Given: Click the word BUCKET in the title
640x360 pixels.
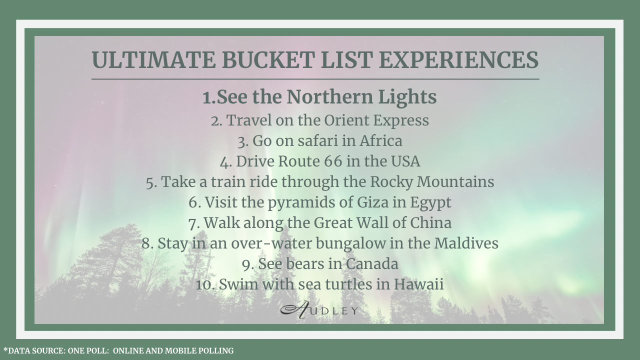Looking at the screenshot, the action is pos(268,60).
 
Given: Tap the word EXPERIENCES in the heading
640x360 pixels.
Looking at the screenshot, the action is pos(458,60).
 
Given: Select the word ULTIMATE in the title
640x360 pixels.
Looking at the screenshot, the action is pos(153,60).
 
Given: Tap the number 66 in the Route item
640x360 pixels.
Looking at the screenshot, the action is pos(333,161).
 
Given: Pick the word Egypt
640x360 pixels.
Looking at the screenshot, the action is pos(430,203).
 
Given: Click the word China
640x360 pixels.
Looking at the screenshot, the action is pos(430,223).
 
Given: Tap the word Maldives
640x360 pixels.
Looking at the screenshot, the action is pos(466,243).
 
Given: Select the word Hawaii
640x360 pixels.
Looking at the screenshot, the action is pos(418,284).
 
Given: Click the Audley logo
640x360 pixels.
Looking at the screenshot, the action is pos(319,310).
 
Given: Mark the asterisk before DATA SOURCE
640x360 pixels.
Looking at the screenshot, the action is pos(5,349).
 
